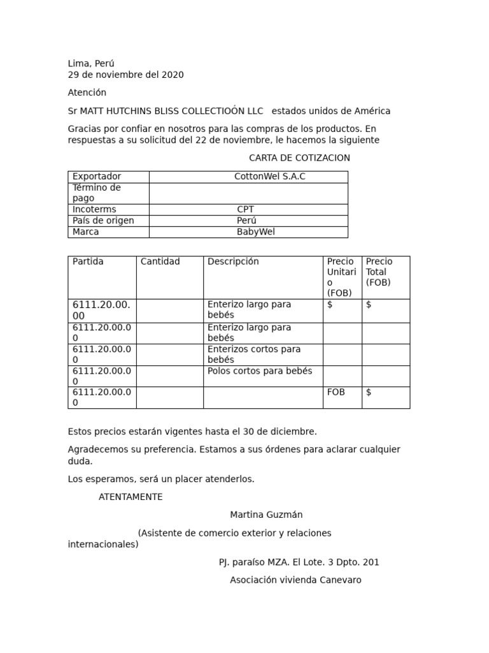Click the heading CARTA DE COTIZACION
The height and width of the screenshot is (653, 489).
click(x=299, y=158)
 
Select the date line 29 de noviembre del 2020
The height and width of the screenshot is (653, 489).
click(x=125, y=75)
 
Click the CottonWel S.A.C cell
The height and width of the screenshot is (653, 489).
click(x=269, y=177)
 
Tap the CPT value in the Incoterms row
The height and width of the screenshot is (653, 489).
click(x=245, y=209)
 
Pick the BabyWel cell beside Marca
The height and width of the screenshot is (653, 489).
click(x=255, y=232)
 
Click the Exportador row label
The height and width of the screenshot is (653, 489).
click(x=97, y=177)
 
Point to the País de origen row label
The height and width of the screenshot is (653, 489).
click(x=103, y=221)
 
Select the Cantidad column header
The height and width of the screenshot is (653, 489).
click(x=160, y=261)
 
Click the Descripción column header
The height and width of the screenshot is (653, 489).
click(x=233, y=261)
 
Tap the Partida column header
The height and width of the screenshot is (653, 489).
click(x=88, y=261)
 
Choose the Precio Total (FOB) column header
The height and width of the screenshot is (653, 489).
click(x=379, y=272)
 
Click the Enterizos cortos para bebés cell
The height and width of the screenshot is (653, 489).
click(x=254, y=355)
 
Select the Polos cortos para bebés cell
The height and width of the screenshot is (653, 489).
click(x=260, y=371)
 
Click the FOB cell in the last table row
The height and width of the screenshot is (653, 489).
click(x=336, y=392)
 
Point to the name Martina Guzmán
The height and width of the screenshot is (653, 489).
click(x=266, y=515)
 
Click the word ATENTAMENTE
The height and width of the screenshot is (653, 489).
click(x=131, y=497)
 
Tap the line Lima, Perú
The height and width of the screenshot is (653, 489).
click(x=91, y=63)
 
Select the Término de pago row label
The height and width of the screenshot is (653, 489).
click(x=97, y=193)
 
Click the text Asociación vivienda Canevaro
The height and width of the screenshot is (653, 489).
click(x=295, y=580)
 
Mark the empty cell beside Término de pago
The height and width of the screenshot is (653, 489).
click(x=248, y=193)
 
